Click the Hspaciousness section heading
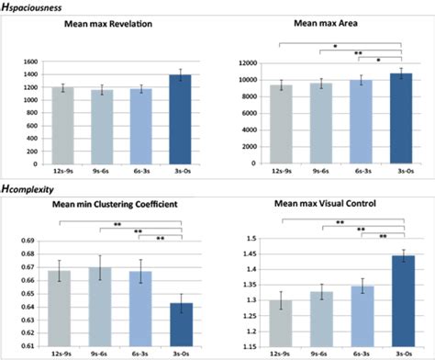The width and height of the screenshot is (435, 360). (x=34, y=7)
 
